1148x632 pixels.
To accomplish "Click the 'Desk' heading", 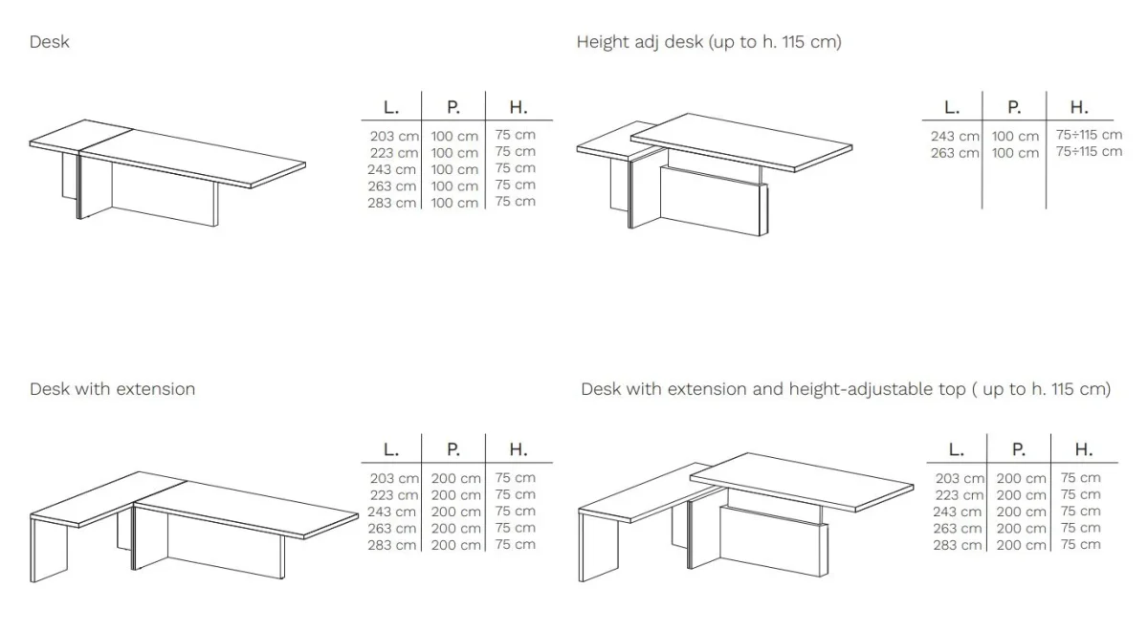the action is tap(49, 41).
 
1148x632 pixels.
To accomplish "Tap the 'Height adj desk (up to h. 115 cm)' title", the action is tap(709, 42).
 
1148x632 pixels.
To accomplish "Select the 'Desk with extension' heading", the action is tap(112, 389).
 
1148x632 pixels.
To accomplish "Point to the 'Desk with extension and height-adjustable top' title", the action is tap(773, 389).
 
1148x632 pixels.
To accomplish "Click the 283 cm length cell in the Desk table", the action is tap(392, 203).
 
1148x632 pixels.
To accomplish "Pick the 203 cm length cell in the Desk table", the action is tap(394, 136).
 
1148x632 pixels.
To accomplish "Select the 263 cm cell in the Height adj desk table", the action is tap(955, 153).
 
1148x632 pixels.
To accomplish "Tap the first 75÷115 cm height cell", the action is tap(1089, 135).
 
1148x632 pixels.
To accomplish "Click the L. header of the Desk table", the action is tap(391, 107).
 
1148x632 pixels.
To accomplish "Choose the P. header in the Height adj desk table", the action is tap(1014, 107).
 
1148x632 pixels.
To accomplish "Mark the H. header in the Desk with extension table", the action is tap(519, 449).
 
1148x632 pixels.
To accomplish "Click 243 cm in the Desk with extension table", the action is tap(392, 512).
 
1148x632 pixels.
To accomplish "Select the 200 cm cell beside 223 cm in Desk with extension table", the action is tap(455, 495).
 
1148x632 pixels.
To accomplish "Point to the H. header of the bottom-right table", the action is tap(1083, 449).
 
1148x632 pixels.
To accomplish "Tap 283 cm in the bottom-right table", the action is tap(958, 545).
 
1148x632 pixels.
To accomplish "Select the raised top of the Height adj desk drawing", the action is tap(741, 142).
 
